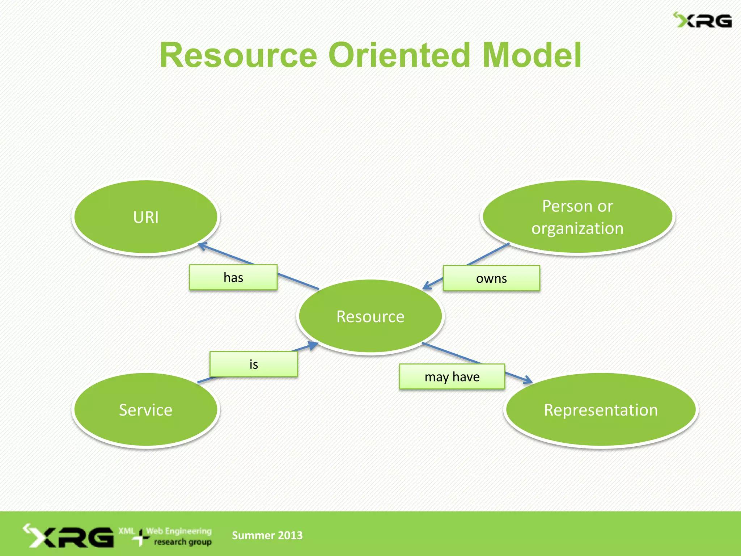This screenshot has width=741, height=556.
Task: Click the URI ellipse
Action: pos(146,217)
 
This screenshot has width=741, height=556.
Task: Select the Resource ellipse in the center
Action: pos(370,316)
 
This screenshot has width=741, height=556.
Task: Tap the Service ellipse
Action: pos(146,410)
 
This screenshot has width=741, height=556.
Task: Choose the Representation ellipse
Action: pos(601,410)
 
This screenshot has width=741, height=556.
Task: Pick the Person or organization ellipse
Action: pos(577,217)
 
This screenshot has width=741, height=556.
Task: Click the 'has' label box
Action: pos(233,278)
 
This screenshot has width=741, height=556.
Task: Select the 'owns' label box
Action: pos(491,278)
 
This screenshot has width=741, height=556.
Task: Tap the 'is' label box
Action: pos(254,364)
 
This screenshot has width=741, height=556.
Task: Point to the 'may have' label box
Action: pos(452,377)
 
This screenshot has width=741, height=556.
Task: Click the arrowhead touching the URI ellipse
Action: pos(202,246)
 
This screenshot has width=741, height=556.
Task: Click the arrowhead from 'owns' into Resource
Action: pos(427,286)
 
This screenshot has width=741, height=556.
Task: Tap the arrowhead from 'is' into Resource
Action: pos(313,345)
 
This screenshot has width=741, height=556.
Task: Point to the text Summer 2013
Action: pos(267,535)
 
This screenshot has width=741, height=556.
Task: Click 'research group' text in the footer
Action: pos(183,542)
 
